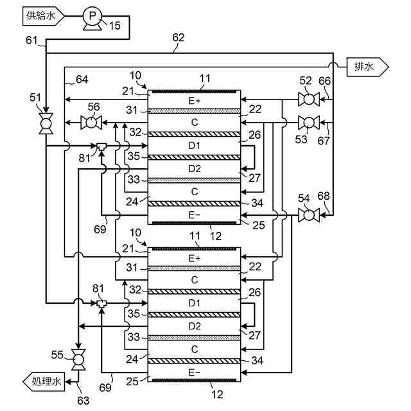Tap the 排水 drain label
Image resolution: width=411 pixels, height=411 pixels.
[x=367, y=65]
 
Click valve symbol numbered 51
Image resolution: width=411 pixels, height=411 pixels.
[x=46, y=123]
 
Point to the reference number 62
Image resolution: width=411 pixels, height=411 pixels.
[x=178, y=38]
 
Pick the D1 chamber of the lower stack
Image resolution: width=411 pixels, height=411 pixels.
[x=195, y=302]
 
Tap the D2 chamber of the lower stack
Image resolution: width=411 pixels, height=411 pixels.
[x=195, y=326]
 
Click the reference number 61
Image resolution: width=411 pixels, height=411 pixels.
[x=33, y=40]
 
